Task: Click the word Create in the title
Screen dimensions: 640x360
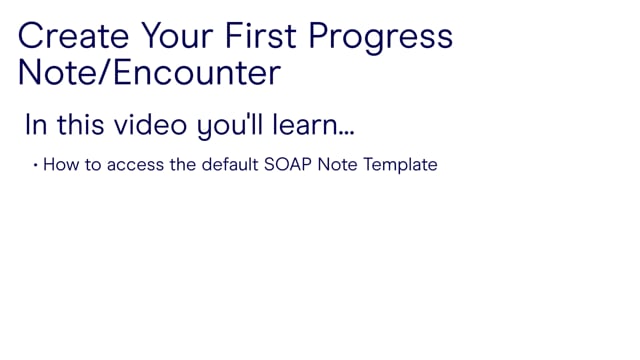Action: [x=73, y=36]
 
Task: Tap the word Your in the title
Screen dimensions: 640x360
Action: [x=177, y=36]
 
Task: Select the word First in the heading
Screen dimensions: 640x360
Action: [x=260, y=36]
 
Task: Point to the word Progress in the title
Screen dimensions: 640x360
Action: [x=380, y=39]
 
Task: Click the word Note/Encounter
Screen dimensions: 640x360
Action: [x=149, y=73]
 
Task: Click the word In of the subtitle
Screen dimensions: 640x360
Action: [x=36, y=124]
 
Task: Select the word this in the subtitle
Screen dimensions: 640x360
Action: [x=81, y=124]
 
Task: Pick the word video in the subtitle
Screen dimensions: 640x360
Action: [x=151, y=124]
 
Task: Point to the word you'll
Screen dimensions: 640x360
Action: [x=230, y=127]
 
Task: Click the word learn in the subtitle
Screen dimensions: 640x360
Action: [x=304, y=124]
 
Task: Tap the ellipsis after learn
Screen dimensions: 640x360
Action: [x=346, y=133]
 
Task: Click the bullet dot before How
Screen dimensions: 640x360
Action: [x=36, y=165]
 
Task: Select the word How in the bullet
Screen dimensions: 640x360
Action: [x=61, y=165]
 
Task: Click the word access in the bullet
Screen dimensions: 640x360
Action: [x=136, y=166]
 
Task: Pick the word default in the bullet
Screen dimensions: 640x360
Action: [x=230, y=164]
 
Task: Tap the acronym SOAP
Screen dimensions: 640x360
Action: [x=288, y=164]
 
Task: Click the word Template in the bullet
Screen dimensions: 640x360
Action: [x=400, y=166]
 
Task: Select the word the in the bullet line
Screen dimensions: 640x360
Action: [x=183, y=164]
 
